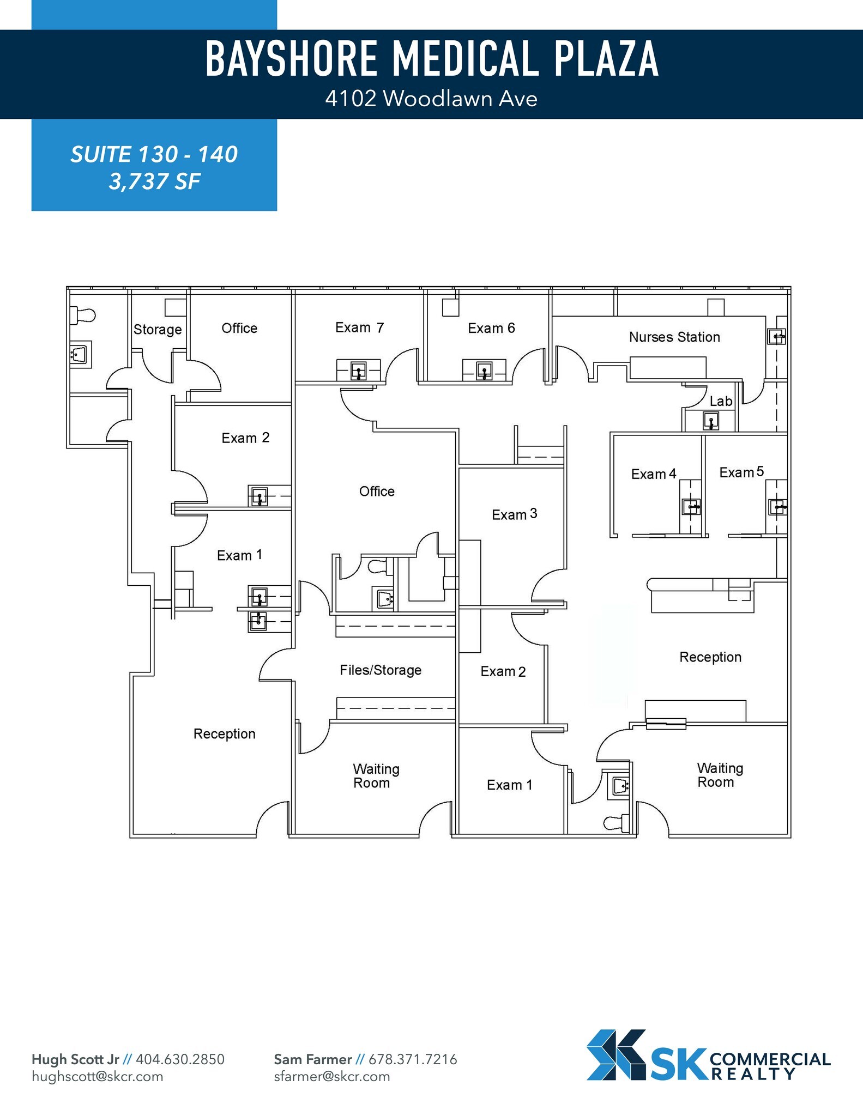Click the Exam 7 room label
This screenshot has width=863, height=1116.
tap(359, 327)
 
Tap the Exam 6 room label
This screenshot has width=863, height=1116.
tap(491, 328)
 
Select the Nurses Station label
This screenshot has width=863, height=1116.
tap(674, 337)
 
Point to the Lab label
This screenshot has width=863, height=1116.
tap(721, 401)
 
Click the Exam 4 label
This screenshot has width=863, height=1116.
tap(654, 474)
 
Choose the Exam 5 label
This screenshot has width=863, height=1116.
tap(741, 472)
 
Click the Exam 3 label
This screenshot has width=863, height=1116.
tap(514, 514)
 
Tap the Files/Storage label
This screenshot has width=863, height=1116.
tap(381, 670)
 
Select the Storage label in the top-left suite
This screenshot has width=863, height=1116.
tap(158, 329)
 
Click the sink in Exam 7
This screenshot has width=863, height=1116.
tap(358, 372)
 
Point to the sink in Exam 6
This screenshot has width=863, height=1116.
tap(484, 371)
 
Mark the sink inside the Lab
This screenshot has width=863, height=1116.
tap(710, 421)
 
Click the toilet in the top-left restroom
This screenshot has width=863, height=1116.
tap(83, 315)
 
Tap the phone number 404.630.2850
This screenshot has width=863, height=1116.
tap(180, 1059)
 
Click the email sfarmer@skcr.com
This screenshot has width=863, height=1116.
tap(331, 1076)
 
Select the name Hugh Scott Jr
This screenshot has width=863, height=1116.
tap(75, 1059)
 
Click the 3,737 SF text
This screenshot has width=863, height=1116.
tap(154, 181)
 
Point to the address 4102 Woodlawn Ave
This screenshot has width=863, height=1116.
tap(431, 99)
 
